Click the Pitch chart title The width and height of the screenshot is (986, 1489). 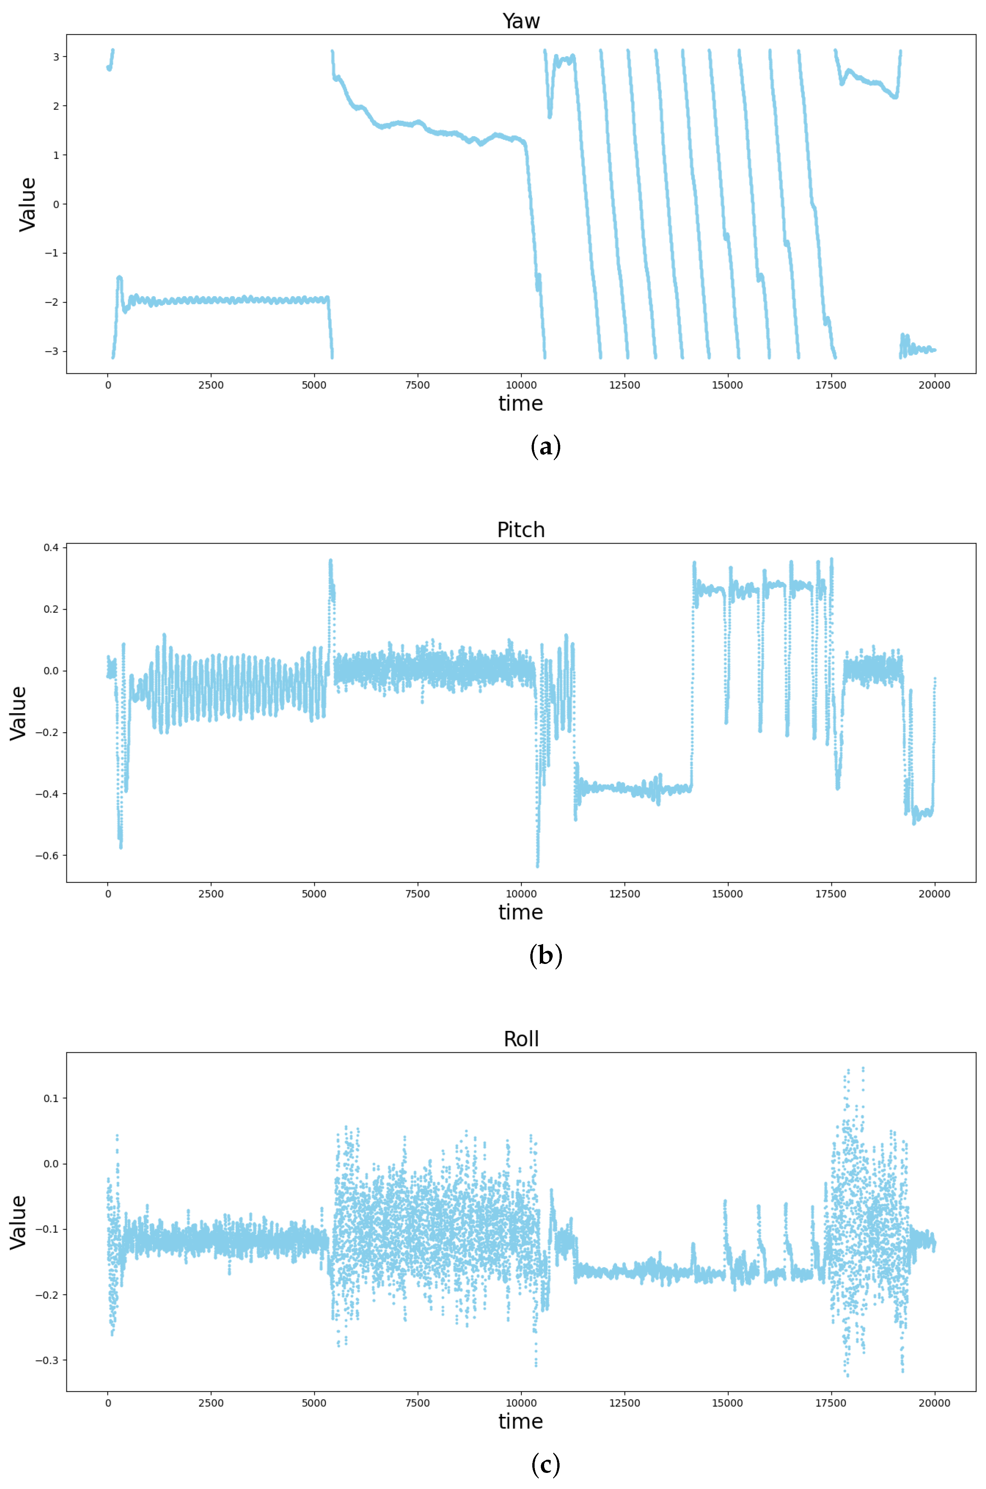coord(521,530)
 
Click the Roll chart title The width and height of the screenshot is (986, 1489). coord(521,1039)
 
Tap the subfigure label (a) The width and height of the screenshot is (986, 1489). coord(545,447)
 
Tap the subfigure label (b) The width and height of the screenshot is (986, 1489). coord(545,956)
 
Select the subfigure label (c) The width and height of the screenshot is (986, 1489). coord(545,1465)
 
